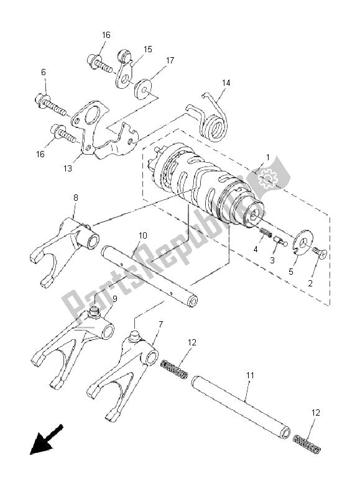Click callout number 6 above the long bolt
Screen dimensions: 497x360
43,73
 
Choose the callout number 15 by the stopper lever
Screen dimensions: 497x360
148,48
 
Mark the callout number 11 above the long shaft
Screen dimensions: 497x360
250,376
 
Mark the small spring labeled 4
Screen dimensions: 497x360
266,233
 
